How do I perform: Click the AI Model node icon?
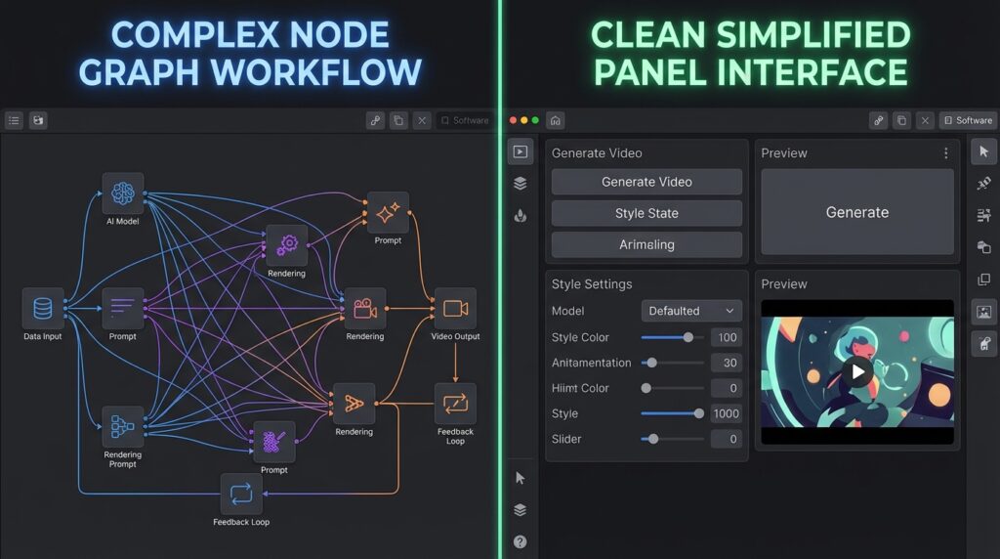(x=122, y=193)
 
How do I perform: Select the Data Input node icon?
(x=43, y=308)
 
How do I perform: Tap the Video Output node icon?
(x=455, y=308)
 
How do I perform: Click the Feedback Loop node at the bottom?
(x=241, y=494)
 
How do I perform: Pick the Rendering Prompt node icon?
(x=122, y=426)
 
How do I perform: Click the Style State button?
(x=646, y=213)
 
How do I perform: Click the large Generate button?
(x=857, y=212)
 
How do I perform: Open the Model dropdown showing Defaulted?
(x=691, y=311)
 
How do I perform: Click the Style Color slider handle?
(x=688, y=337)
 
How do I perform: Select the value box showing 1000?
(x=727, y=413)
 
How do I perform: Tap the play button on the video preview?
(x=857, y=371)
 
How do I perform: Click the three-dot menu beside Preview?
(x=945, y=153)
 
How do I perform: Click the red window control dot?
(x=513, y=120)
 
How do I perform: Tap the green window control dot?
(x=535, y=120)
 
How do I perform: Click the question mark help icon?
(x=520, y=541)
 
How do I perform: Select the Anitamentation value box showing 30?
(x=727, y=363)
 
